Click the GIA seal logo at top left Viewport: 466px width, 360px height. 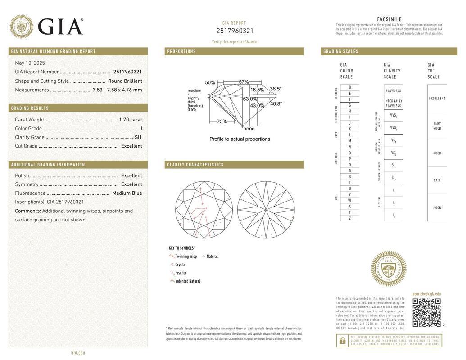point(21,27)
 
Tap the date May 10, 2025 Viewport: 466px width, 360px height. point(30,63)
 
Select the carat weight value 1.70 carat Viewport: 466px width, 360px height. point(130,120)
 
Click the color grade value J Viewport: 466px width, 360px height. point(140,129)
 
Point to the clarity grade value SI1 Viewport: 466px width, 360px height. point(138,137)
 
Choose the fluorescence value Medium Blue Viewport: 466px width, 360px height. point(127,193)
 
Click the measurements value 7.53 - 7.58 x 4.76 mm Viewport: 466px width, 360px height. point(117,90)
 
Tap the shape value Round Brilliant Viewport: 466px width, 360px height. point(125,81)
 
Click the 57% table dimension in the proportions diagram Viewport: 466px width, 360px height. point(244,82)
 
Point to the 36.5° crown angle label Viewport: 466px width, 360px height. point(276,89)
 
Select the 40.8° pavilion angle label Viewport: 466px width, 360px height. point(276,104)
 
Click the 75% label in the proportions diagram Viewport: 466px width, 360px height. point(222,121)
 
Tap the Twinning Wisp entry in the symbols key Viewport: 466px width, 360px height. point(185,256)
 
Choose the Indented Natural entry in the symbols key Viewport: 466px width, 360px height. point(187,281)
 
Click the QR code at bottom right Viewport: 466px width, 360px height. point(426,312)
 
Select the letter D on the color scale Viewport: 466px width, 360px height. point(350,88)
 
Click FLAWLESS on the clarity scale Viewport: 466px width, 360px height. point(393,91)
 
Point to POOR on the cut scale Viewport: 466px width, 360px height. point(437,208)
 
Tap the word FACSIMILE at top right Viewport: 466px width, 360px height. point(389,19)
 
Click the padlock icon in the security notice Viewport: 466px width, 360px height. point(342,341)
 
